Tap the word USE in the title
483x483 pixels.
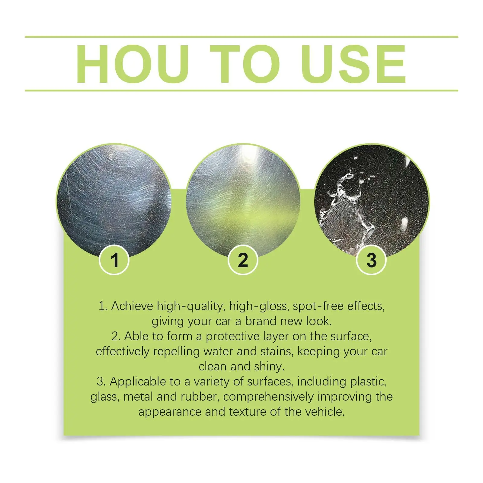(x=353, y=64)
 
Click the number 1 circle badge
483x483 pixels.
(x=114, y=260)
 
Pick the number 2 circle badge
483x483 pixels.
(x=243, y=260)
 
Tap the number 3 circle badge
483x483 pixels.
(x=371, y=260)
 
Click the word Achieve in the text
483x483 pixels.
(x=132, y=306)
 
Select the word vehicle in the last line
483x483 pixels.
(x=325, y=412)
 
